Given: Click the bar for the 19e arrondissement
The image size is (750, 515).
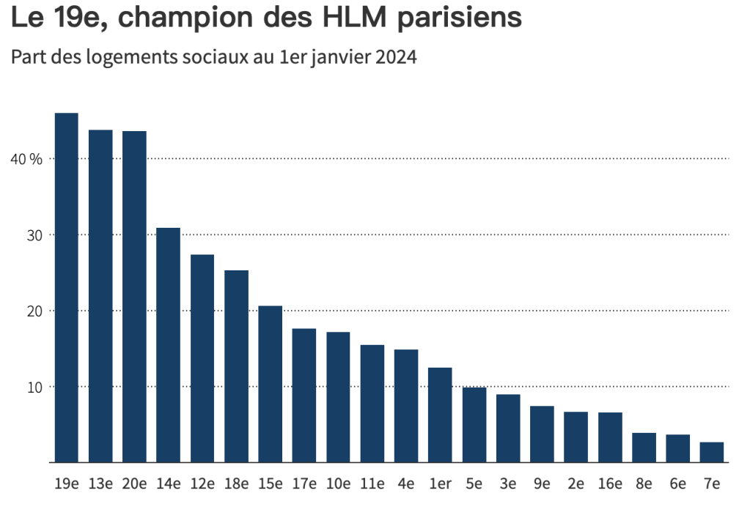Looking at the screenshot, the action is click(x=67, y=288).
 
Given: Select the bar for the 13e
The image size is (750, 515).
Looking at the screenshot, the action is click(x=100, y=296).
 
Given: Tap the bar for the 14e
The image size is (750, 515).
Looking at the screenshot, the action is click(x=169, y=345).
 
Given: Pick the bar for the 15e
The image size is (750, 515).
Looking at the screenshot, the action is click(x=271, y=384).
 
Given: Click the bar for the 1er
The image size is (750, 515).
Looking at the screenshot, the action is click(x=440, y=415).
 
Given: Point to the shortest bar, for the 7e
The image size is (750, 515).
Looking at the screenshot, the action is click(x=712, y=453).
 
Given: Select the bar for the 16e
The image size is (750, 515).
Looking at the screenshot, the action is click(x=610, y=437).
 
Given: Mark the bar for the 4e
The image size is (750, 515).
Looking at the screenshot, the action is click(x=406, y=406).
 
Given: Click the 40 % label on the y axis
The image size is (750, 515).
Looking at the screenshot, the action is click(x=26, y=159).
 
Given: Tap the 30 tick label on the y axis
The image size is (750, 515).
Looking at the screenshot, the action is click(x=34, y=235).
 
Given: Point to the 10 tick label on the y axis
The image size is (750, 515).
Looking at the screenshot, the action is click(x=34, y=387).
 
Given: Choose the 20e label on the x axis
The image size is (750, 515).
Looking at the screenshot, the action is click(x=134, y=484).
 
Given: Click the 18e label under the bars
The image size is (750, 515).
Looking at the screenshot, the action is click(x=236, y=484).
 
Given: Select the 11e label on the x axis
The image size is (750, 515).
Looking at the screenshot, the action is click(x=372, y=484).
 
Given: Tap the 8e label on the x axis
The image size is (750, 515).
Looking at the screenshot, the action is click(x=644, y=484).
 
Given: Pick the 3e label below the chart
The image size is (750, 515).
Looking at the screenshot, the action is click(x=508, y=484).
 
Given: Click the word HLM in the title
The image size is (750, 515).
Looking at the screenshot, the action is click(x=354, y=17).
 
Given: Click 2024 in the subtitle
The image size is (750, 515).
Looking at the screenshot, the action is click(x=396, y=57).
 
